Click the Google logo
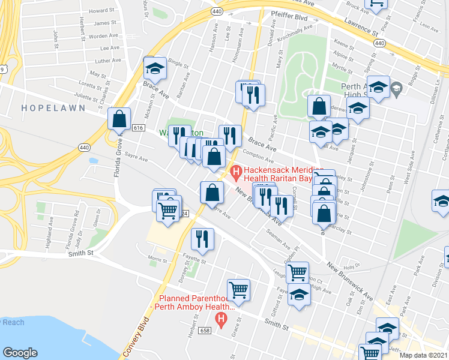(x=20, y=353)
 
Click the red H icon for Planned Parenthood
(x=221, y=319)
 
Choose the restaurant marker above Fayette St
(x=202, y=239)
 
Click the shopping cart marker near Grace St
(x=238, y=290)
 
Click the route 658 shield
(x=204, y=331)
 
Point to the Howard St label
(x=101, y=11)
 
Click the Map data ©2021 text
(x=424, y=355)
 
